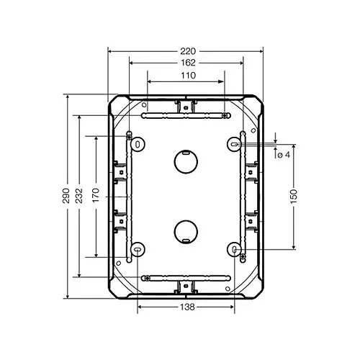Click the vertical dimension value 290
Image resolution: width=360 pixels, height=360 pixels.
(x=66, y=196)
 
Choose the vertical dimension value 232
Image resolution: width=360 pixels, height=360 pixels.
(x=78, y=196)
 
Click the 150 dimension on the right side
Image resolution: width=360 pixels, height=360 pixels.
(x=293, y=196)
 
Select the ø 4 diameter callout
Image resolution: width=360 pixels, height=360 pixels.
(x=283, y=154)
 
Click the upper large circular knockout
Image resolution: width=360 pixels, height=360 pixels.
(x=186, y=161)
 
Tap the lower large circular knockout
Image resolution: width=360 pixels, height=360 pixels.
(x=186, y=231)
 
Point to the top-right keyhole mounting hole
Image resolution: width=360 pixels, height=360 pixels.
(x=235, y=144)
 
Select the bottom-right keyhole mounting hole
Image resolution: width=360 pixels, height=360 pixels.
(x=235, y=249)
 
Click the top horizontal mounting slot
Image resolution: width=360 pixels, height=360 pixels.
(x=186, y=115)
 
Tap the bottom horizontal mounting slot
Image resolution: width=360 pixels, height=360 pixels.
(x=186, y=277)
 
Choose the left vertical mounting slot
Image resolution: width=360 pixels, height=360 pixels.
(x=128, y=196)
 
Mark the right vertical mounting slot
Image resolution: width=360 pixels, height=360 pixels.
(x=243, y=196)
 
